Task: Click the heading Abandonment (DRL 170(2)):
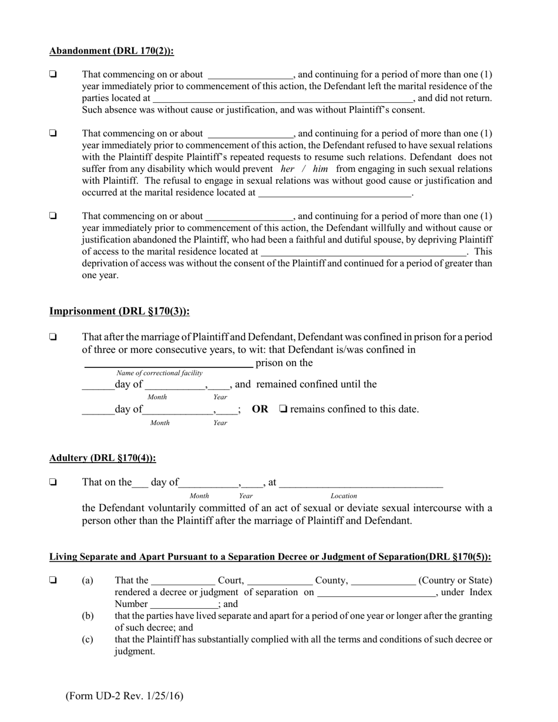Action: click(x=112, y=51)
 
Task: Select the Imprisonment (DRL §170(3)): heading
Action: click(x=119, y=311)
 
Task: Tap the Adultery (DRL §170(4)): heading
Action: click(x=103, y=458)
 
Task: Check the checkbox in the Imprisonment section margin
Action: click(x=53, y=338)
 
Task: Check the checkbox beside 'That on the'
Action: click(x=53, y=483)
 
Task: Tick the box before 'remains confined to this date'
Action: click(x=283, y=409)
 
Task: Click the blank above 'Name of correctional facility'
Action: click(x=169, y=364)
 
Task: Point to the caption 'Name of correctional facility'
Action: click(x=160, y=373)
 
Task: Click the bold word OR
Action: click(x=260, y=409)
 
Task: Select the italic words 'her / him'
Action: click(x=304, y=168)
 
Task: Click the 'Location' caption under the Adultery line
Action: click(x=344, y=496)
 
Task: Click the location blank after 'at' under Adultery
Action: click(x=361, y=484)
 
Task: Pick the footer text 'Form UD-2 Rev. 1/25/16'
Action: click(x=125, y=696)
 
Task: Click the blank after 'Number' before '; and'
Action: click(x=184, y=605)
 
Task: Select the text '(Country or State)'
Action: click(x=455, y=581)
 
